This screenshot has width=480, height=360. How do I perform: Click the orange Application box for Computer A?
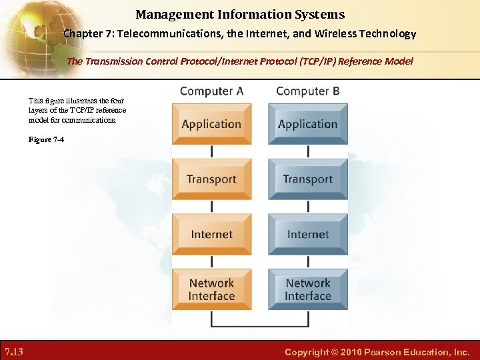[x=211, y=124]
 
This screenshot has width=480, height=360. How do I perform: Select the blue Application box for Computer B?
[x=307, y=124]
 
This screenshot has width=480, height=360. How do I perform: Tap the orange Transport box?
[x=211, y=179]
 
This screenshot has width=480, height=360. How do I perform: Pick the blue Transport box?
[x=307, y=179]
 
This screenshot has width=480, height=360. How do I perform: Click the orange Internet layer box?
[x=211, y=235]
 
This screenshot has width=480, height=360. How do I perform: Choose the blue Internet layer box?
[x=307, y=235]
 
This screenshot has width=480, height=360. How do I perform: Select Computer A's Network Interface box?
[x=211, y=290]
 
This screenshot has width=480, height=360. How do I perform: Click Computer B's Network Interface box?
[x=307, y=290]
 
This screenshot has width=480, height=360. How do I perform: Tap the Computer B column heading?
[x=308, y=91]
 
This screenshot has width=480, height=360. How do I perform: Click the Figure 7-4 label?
[x=47, y=139]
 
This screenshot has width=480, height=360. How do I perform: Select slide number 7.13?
[x=14, y=351]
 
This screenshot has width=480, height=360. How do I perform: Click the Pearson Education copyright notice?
[x=377, y=352]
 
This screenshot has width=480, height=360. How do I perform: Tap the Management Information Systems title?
[x=240, y=14]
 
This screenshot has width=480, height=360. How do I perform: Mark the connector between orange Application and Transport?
[x=211, y=152]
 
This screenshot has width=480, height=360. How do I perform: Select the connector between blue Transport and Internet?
[x=307, y=207]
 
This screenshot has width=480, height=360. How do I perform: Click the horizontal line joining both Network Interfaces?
[x=259, y=326]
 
